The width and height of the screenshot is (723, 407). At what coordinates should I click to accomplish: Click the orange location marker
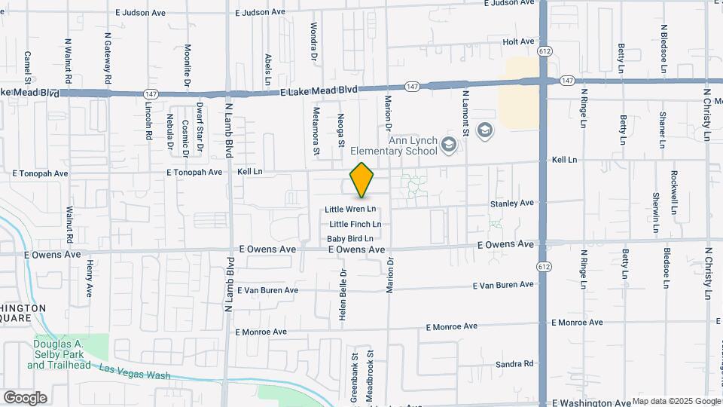pyautogui.click(x=362, y=180)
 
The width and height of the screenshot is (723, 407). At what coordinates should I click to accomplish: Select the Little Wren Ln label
pyautogui.click(x=350, y=210)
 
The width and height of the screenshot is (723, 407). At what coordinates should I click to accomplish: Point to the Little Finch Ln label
pyautogui.click(x=355, y=224)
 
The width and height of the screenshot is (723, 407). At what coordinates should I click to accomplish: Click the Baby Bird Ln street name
pyautogui.click(x=350, y=238)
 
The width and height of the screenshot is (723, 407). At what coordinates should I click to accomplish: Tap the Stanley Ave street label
pyautogui.click(x=511, y=203)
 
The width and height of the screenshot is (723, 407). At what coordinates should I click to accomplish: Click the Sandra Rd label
pyautogui.click(x=514, y=364)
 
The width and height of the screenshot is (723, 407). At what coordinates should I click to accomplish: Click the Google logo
pyautogui.click(x=24, y=397)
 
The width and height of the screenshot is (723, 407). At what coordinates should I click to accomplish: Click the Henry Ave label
pyautogui.click(x=89, y=277)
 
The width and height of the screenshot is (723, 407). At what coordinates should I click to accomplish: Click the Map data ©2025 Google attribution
pyautogui.click(x=676, y=401)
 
